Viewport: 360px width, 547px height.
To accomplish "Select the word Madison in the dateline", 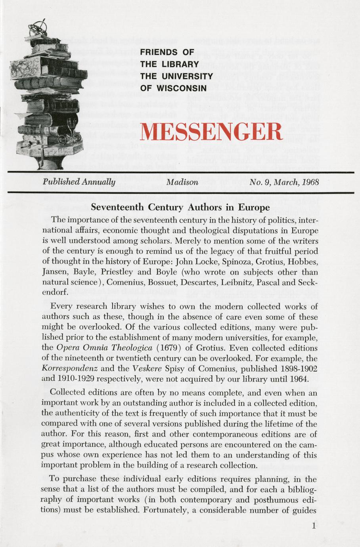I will point(182,182).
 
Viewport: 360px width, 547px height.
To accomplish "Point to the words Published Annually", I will point(79,182).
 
